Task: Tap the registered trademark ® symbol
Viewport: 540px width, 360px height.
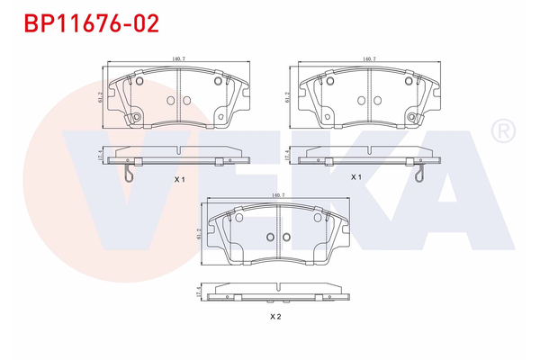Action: (x=501, y=131)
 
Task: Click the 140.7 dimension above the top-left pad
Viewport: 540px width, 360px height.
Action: (x=178, y=59)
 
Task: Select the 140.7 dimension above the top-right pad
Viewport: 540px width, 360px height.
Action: (x=368, y=59)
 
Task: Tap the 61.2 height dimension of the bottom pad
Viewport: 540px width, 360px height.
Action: (x=196, y=236)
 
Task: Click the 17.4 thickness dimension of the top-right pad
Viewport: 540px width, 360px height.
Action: (x=287, y=156)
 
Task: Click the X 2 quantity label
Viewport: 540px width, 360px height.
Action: (x=276, y=317)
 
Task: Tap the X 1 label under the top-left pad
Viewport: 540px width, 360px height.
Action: (x=179, y=179)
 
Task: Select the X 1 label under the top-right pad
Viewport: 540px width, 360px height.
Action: (x=355, y=177)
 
